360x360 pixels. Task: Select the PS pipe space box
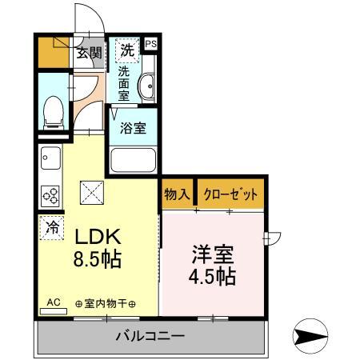click(x=151, y=45)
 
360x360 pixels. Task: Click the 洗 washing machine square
click(x=126, y=50)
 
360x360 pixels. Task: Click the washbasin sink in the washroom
click(x=147, y=87)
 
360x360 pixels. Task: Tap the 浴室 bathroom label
click(x=133, y=128)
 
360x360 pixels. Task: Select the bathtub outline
click(x=134, y=161)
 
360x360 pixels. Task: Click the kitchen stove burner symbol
click(x=50, y=195)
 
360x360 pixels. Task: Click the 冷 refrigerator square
click(x=51, y=226)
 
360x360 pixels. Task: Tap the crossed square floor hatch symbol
click(x=90, y=192)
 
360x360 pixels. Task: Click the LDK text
click(x=98, y=238)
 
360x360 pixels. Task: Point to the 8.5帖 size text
click(x=98, y=260)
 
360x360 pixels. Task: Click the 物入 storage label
click(x=177, y=194)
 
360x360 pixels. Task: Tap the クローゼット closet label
click(x=230, y=194)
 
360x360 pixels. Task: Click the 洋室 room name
click(x=212, y=255)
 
